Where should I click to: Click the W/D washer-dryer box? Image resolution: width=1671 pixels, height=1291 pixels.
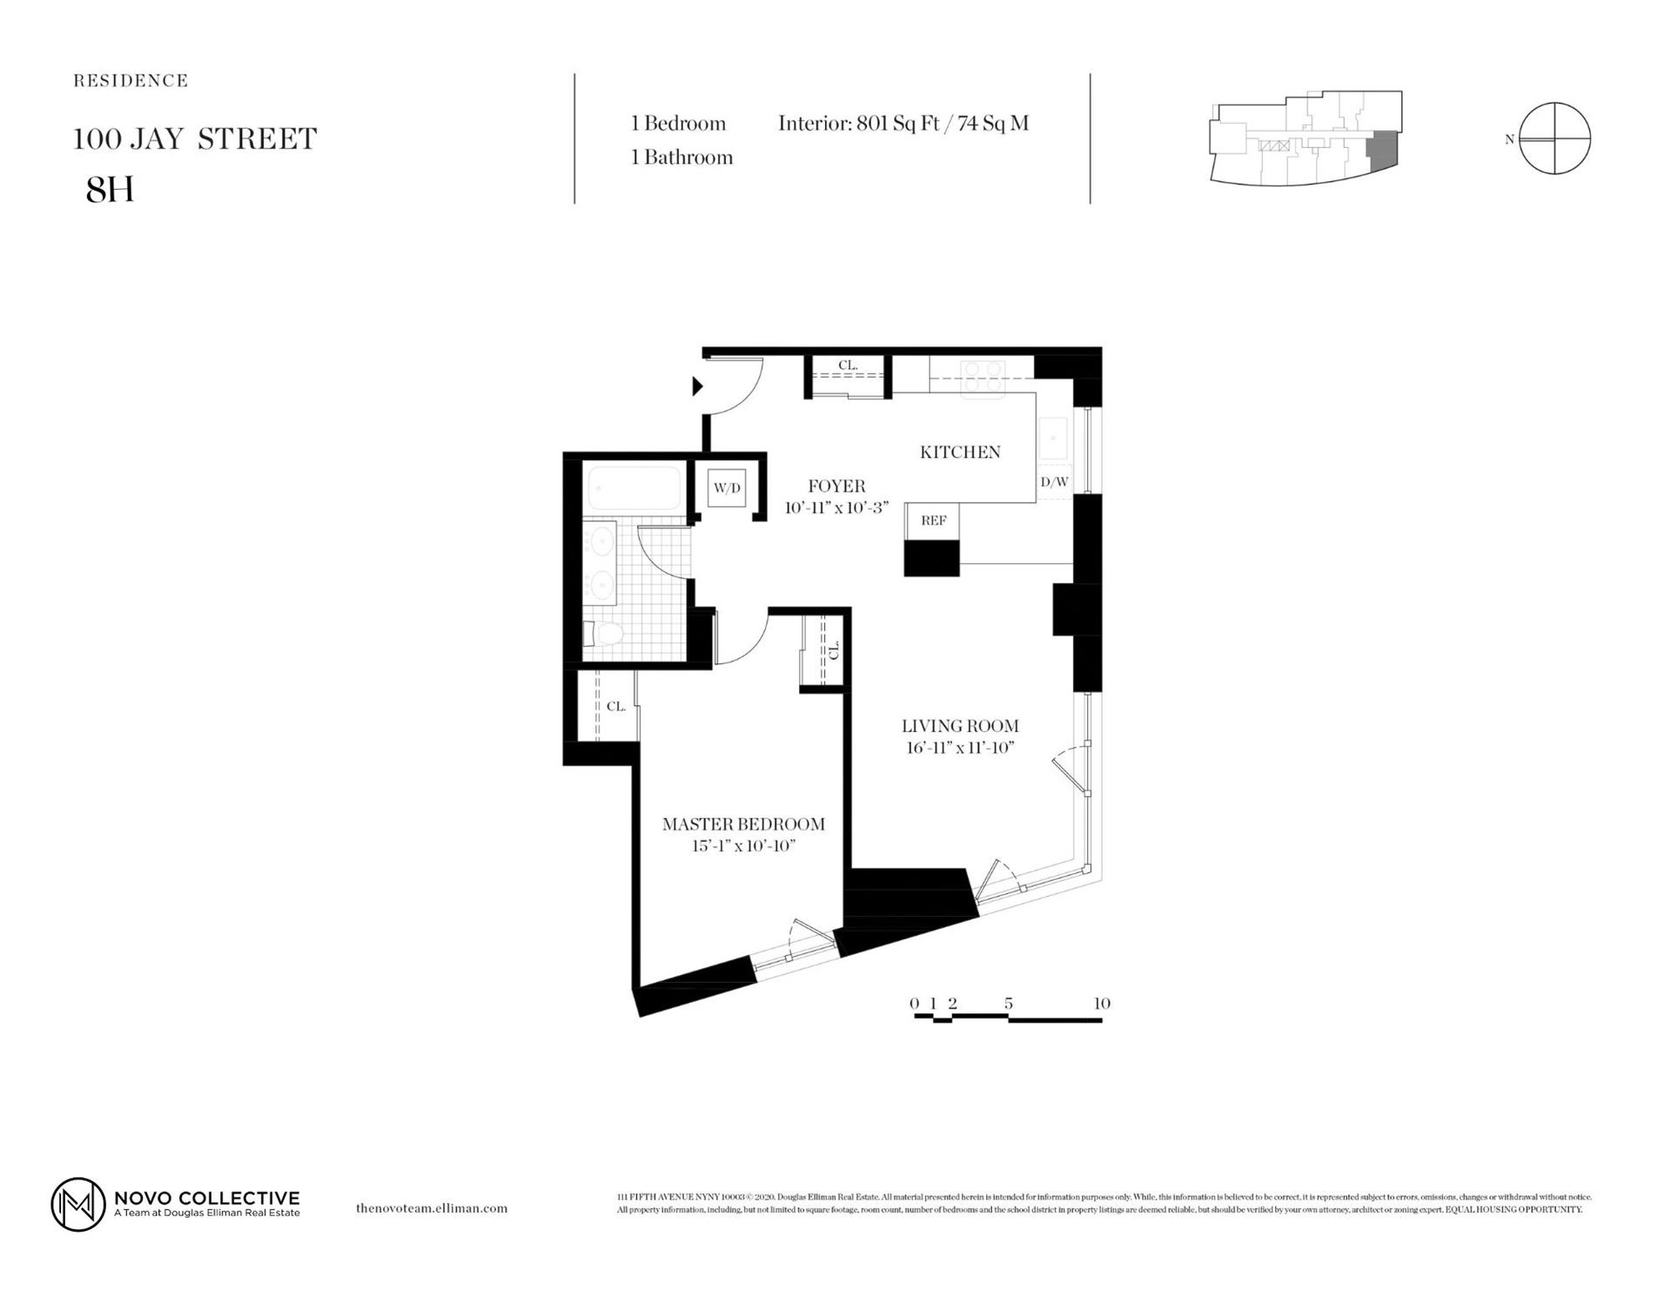pyautogui.click(x=727, y=488)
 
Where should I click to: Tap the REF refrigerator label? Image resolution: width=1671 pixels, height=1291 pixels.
pyautogui.click(x=933, y=521)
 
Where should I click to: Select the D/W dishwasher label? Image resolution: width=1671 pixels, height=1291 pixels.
pyautogui.click(x=1054, y=481)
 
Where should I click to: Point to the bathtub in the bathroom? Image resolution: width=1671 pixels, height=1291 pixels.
pyautogui.click(x=634, y=489)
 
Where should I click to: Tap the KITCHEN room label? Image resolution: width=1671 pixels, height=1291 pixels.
pyautogui.click(x=960, y=452)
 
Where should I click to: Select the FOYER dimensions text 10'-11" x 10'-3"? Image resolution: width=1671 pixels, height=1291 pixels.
pyautogui.click(x=835, y=508)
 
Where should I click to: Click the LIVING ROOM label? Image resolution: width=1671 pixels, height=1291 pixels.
pyautogui.click(x=960, y=726)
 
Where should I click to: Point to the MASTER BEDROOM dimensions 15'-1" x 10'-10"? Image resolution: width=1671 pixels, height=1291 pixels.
pyautogui.click(x=743, y=845)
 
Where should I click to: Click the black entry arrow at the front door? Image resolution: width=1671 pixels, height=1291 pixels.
pyautogui.click(x=697, y=386)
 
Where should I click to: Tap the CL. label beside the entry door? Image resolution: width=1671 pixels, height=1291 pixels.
pyautogui.click(x=848, y=366)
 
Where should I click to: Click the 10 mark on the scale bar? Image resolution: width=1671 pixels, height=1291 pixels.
pyautogui.click(x=1101, y=1004)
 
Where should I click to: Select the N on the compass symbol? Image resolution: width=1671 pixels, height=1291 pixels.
pyautogui.click(x=1509, y=139)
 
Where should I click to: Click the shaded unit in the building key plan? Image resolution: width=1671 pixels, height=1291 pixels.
pyautogui.click(x=1380, y=151)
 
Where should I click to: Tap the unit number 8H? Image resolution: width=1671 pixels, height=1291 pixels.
pyautogui.click(x=110, y=190)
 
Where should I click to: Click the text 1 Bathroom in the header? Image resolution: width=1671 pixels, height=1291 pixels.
pyautogui.click(x=681, y=158)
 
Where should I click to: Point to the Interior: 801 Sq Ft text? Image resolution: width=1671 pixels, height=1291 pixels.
pyautogui.click(x=858, y=124)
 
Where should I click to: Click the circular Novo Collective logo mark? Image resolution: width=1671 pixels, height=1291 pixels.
pyautogui.click(x=77, y=1205)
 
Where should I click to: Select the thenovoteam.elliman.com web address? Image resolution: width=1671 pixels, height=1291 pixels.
pyautogui.click(x=432, y=1208)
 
